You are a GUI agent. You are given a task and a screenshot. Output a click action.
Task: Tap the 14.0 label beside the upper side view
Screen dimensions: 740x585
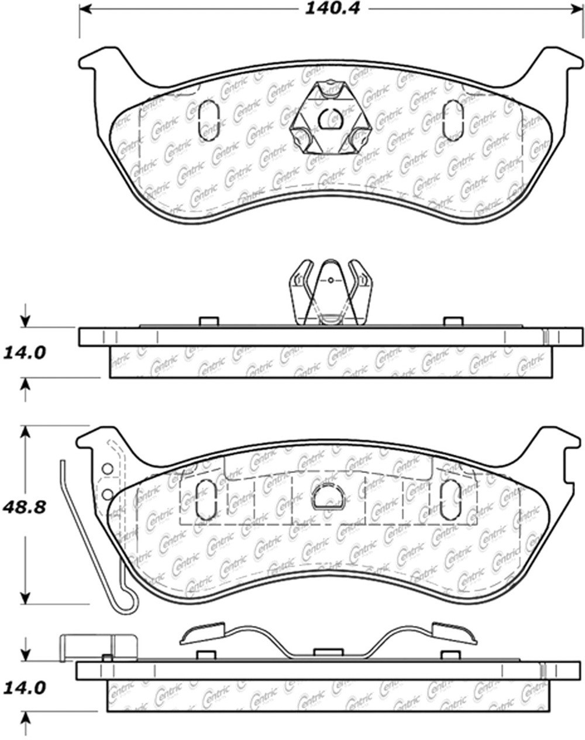pyautogui.click(x=25, y=354)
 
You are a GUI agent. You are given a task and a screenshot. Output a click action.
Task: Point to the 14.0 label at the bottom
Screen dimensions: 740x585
pyautogui.click(x=25, y=687)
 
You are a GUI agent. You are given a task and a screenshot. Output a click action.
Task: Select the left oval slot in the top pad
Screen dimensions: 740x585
pyautogui.click(x=209, y=121)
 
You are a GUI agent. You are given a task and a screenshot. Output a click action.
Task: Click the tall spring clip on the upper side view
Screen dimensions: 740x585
pyautogui.click(x=331, y=292)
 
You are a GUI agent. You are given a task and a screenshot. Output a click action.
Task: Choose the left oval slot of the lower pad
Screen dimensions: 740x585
pyautogui.click(x=204, y=500)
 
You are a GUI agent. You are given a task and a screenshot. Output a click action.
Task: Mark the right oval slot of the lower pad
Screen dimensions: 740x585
pyautogui.click(x=450, y=501)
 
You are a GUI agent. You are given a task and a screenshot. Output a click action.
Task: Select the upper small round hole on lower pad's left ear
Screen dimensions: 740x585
pyautogui.click(x=107, y=469)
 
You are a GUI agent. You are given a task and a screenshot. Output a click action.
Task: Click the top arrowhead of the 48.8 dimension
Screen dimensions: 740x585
pyautogui.click(x=25, y=431)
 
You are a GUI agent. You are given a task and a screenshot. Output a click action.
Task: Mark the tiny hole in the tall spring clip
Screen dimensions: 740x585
pyautogui.click(x=331, y=280)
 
